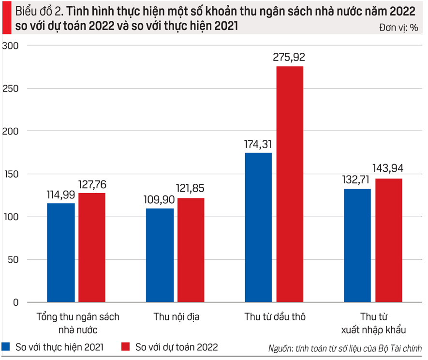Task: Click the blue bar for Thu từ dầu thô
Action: pos(258,227)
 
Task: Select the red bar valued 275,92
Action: pos(290,184)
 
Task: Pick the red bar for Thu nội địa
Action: pos(191,250)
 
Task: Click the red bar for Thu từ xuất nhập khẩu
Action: pos(388,240)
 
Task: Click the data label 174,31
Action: pos(258,144)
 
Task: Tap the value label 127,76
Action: pos(92,185)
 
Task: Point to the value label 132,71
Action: pos(357,180)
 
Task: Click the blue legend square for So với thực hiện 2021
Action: pos(7,347)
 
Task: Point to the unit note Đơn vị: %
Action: pos(399,28)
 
